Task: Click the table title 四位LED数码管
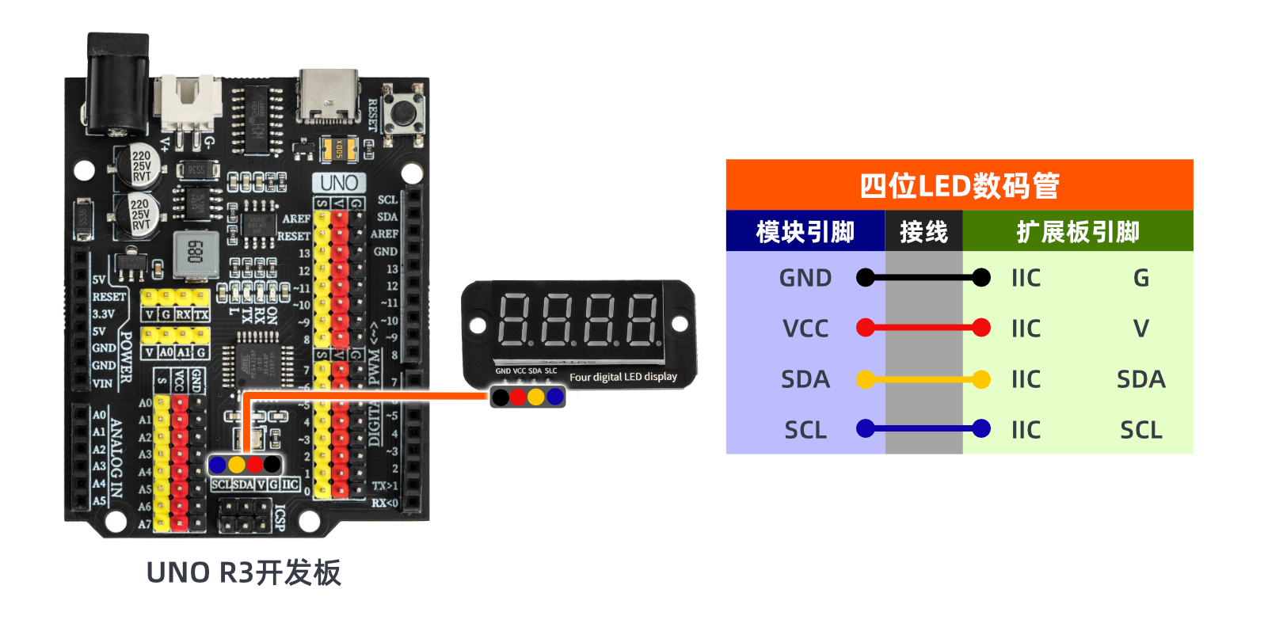coord(959,186)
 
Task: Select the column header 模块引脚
coord(805,232)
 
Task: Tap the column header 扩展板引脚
coord(1077,232)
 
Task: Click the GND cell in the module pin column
coord(805,278)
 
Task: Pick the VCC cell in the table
coord(805,329)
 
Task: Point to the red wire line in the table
coord(923,328)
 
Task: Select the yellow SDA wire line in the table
coord(923,380)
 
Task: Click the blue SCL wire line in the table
coord(923,429)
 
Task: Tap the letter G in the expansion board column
coord(1140,278)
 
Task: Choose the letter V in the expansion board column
coord(1140,329)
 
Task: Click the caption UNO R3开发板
coord(244,572)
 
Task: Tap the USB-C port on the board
coord(329,97)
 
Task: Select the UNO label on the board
coord(339,183)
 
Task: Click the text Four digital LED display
coord(623,377)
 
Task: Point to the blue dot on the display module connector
coord(555,396)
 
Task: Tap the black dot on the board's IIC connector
coord(272,464)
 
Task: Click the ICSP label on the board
coord(280,518)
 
